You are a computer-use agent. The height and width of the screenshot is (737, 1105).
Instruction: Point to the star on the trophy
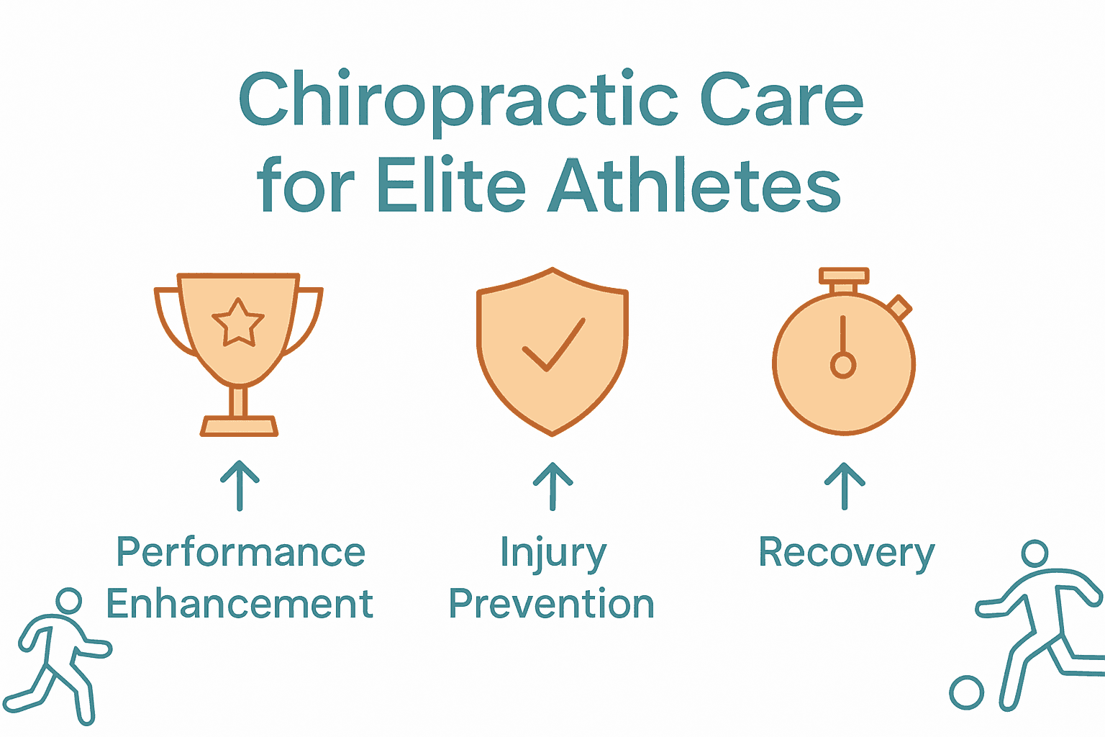238,323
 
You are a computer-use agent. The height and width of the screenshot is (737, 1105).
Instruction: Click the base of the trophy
239,426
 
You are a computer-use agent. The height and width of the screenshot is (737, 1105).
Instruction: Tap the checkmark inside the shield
552,344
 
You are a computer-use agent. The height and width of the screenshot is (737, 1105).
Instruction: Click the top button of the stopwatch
844,276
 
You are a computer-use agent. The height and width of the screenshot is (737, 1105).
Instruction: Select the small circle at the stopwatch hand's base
843,366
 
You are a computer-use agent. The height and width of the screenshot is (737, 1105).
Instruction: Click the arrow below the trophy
240,485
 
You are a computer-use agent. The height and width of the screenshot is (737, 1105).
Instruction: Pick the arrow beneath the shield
552,485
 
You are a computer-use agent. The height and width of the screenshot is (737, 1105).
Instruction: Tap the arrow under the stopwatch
845,485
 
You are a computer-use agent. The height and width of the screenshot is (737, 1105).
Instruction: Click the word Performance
241,553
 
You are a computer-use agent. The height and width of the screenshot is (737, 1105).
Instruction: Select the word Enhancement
240,604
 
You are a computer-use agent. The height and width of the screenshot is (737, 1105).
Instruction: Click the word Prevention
552,604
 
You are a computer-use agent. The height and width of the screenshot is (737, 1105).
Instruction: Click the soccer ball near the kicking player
966,693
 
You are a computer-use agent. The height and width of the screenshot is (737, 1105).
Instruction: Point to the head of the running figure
69,601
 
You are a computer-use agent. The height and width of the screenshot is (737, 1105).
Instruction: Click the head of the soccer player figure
1034,553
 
